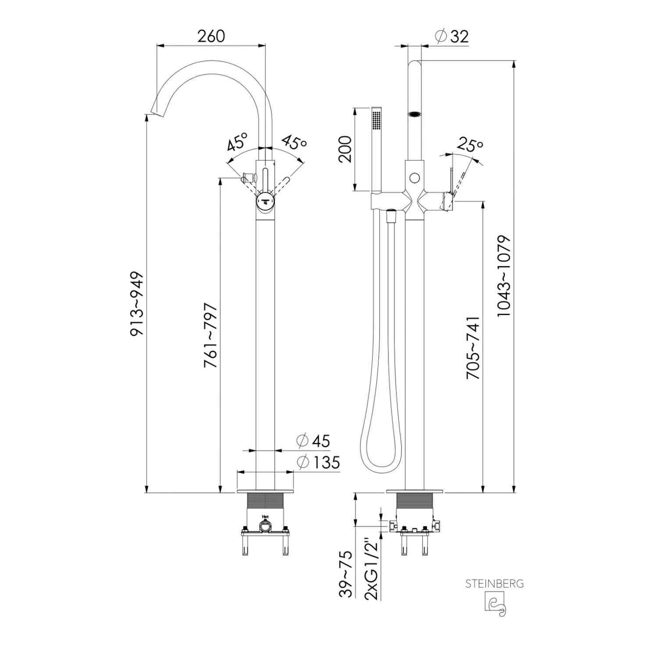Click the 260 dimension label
211,36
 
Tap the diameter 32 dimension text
452,36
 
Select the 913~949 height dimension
137,304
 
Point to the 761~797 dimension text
211,335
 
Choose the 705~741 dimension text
473,348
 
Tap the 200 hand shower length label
345,149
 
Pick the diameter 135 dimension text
318,462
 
